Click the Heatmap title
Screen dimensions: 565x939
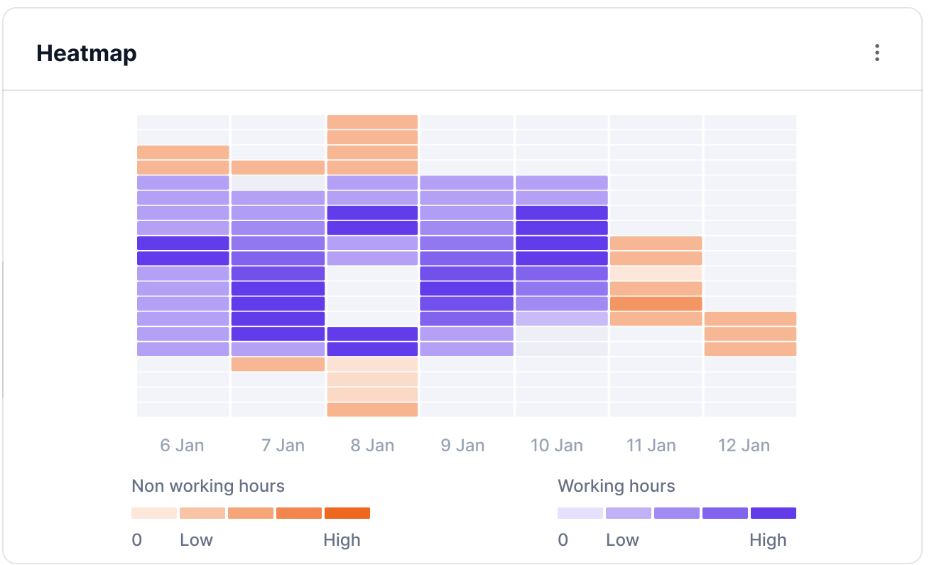[x=87, y=53]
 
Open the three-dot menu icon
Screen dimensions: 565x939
[x=877, y=53]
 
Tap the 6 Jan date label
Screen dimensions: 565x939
[x=182, y=446]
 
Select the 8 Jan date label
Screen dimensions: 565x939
[x=372, y=446]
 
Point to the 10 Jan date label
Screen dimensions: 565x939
[x=557, y=446]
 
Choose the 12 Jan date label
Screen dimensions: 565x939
[x=744, y=446]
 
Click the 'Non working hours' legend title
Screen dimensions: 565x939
[x=208, y=486]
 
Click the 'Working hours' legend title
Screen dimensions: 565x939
[x=616, y=486]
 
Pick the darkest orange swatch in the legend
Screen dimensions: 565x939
[x=347, y=513]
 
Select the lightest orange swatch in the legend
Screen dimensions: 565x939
[x=154, y=513]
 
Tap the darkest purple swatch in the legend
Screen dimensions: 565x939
[x=774, y=513]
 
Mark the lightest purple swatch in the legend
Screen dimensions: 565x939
[x=580, y=513]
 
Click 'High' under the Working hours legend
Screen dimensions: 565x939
[x=768, y=540]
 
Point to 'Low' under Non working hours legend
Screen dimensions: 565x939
[x=196, y=540]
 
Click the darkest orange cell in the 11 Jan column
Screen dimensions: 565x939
[x=656, y=303]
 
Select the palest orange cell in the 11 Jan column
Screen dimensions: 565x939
[x=656, y=274]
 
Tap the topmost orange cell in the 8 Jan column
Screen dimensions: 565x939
[x=372, y=122]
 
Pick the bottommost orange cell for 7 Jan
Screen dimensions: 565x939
[x=278, y=364]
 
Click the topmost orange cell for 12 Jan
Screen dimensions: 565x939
[x=750, y=318]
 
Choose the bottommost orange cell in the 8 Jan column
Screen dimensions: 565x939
[x=372, y=409]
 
